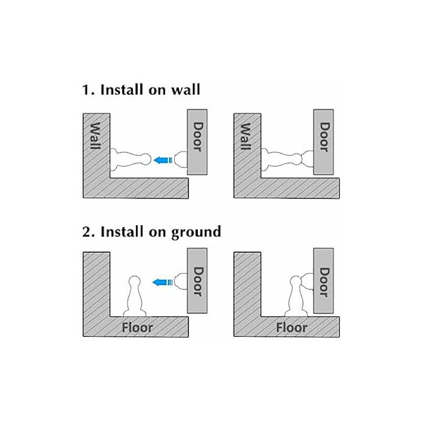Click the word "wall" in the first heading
pyautogui.click(x=186, y=90)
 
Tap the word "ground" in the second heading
pyautogui.click(x=196, y=232)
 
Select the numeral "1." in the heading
pyautogui.click(x=88, y=90)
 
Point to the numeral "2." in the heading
pyautogui.click(x=88, y=232)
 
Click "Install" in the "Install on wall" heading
pyautogui.click(x=122, y=90)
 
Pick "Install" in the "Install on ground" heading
pyautogui.click(x=122, y=232)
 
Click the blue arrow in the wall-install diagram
pyautogui.click(x=163, y=160)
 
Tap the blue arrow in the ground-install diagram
pyautogui.click(x=163, y=283)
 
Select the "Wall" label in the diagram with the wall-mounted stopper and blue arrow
pyautogui.click(x=95, y=136)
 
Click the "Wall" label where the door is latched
pyautogui.click(x=246, y=136)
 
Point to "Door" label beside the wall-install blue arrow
pyautogui.click(x=198, y=137)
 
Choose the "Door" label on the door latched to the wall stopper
pyautogui.click(x=324, y=137)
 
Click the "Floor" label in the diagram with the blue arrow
pyautogui.click(x=138, y=328)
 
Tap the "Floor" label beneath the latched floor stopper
pyautogui.click(x=292, y=328)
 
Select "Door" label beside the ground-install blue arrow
pyautogui.click(x=198, y=281)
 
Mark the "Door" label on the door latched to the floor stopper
pyautogui.click(x=324, y=282)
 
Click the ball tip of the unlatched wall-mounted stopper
pyautogui.click(x=146, y=159)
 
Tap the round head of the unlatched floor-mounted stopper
pyautogui.click(x=135, y=281)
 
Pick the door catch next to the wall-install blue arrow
pyautogui.click(x=181, y=159)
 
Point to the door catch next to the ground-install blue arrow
pyautogui.click(x=181, y=281)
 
